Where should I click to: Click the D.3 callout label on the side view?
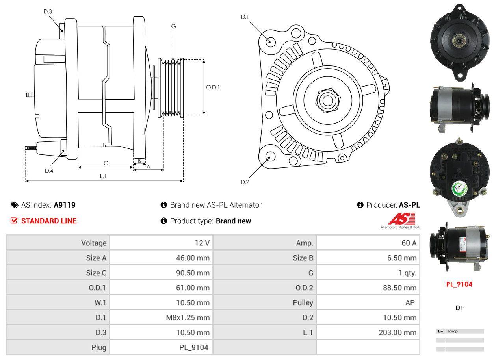click(48, 11)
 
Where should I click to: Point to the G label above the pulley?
click(173, 26)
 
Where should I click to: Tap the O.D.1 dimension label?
click(213, 87)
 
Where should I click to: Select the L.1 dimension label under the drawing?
click(103, 176)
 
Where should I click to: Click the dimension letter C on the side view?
click(106, 163)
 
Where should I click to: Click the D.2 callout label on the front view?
click(245, 182)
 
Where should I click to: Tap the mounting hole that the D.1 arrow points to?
click(270, 41)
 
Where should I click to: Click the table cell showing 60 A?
click(409, 243)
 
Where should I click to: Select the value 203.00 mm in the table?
click(397, 332)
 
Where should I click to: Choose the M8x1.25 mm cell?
click(188, 317)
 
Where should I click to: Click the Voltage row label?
click(94, 243)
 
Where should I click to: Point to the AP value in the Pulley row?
click(410, 302)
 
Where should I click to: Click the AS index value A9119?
click(65, 205)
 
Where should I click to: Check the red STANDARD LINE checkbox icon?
click(14, 221)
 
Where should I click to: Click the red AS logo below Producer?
click(402, 219)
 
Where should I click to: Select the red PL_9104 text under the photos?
click(459, 284)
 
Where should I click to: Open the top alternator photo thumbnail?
click(459, 42)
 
